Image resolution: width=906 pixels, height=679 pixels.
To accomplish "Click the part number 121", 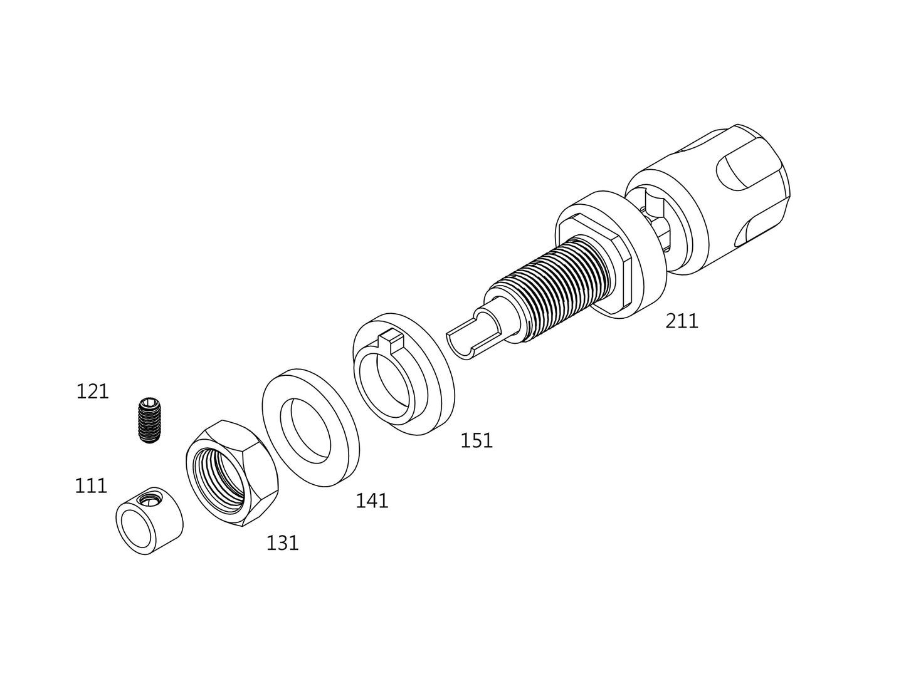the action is click(x=92, y=391).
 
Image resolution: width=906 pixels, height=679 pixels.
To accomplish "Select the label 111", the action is click(x=91, y=485).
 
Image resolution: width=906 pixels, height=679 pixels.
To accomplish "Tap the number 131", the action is click(x=282, y=543).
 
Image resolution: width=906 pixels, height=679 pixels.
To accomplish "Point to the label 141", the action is click(x=372, y=500).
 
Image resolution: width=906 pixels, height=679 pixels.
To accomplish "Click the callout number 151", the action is click(x=477, y=441).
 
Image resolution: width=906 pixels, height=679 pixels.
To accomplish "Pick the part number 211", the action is click(x=682, y=321).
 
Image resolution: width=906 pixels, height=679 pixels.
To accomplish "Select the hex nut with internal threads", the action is click(x=231, y=473).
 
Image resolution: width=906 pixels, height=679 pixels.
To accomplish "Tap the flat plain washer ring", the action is click(x=310, y=428).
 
